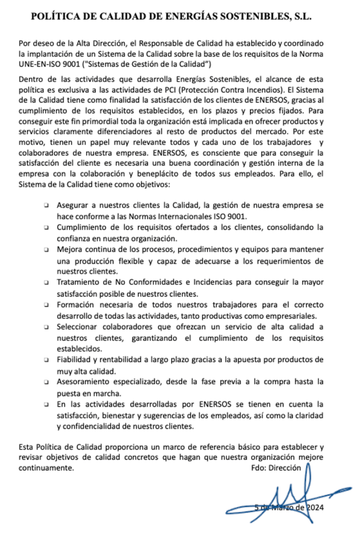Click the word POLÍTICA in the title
point(54,16)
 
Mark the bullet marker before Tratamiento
point(47,283)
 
